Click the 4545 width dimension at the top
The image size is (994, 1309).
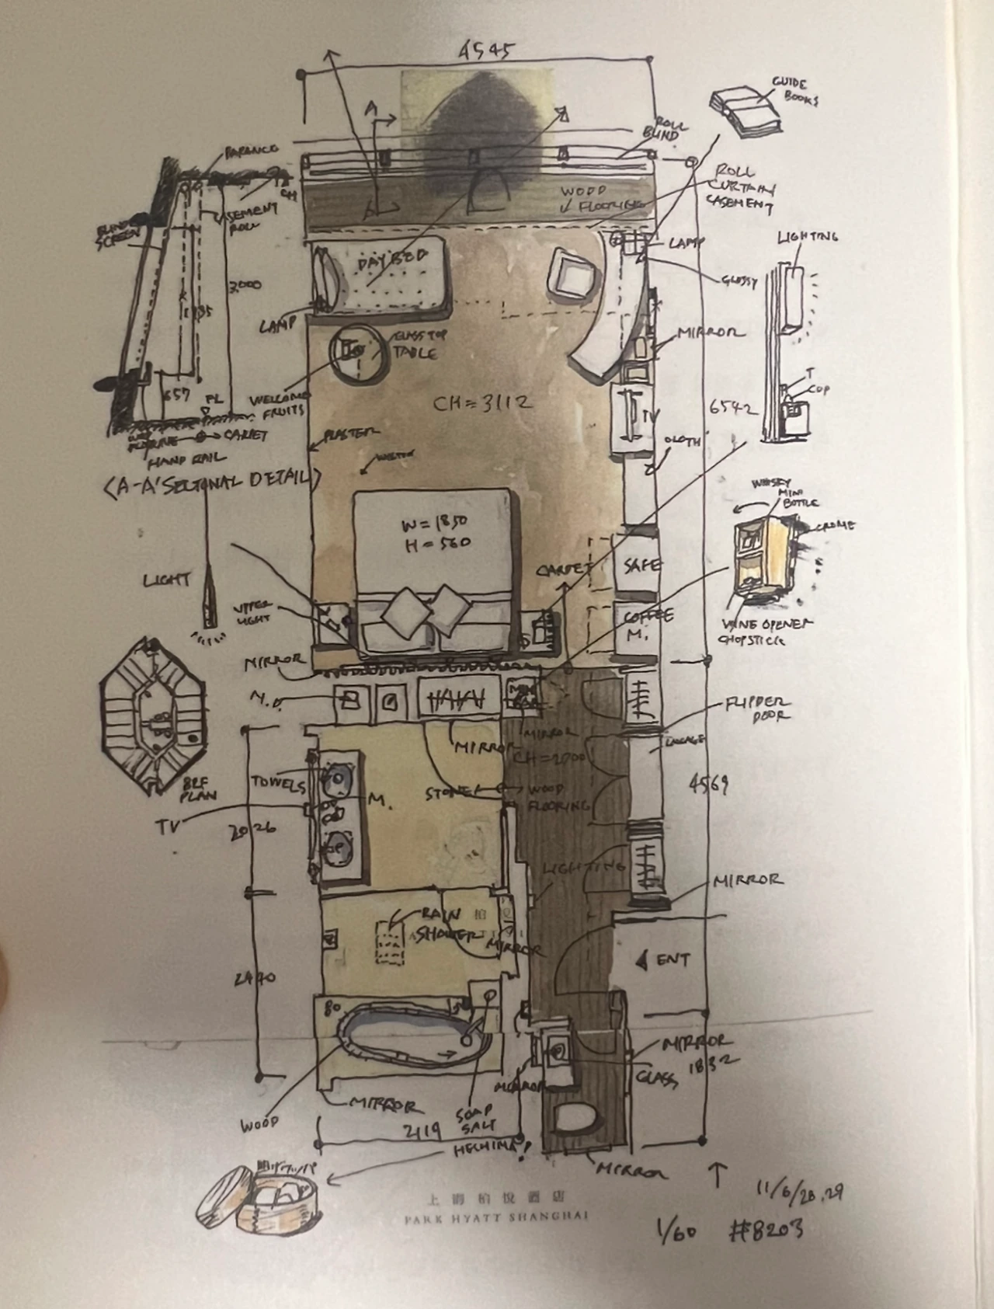click(x=485, y=51)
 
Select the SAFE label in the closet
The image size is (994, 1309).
click(x=642, y=565)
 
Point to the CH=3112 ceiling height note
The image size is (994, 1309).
click(x=482, y=403)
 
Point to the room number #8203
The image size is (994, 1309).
click(x=766, y=1228)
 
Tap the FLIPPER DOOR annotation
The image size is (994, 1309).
click(x=756, y=708)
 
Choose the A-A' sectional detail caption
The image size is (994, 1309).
click(x=211, y=482)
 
